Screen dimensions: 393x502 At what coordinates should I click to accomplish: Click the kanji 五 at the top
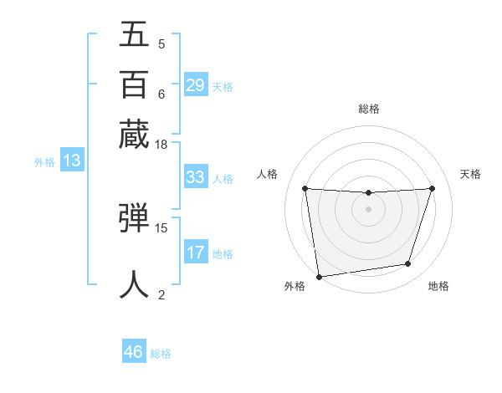click(x=134, y=34)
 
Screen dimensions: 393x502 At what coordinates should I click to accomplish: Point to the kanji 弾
click(x=134, y=219)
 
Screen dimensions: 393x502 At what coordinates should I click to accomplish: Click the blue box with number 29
click(x=195, y=84)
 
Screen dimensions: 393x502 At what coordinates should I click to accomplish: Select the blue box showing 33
click(x=195, y=177)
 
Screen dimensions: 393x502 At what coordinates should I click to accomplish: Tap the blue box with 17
click(x=195, y=253)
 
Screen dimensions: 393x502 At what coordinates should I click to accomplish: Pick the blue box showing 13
click(x=71, y=161)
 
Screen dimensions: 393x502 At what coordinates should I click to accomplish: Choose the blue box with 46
click(x=133, y=352)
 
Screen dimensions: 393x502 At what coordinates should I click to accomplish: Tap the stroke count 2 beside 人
click(x=161, y=293)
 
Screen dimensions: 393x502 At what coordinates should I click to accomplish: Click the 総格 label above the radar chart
click(x=368, y=109)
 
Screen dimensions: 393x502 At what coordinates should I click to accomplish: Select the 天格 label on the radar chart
click(x=470, y=174)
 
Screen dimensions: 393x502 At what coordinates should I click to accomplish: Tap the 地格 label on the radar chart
click(x=438, y=286)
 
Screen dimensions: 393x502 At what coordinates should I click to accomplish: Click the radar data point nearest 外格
click(x=319, y=276)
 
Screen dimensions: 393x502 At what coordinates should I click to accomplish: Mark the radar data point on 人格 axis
click(x=305, y=188)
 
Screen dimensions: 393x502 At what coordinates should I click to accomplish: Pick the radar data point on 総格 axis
click(x=368, y=193)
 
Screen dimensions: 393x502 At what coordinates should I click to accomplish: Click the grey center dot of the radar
click(x=368, y=209)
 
